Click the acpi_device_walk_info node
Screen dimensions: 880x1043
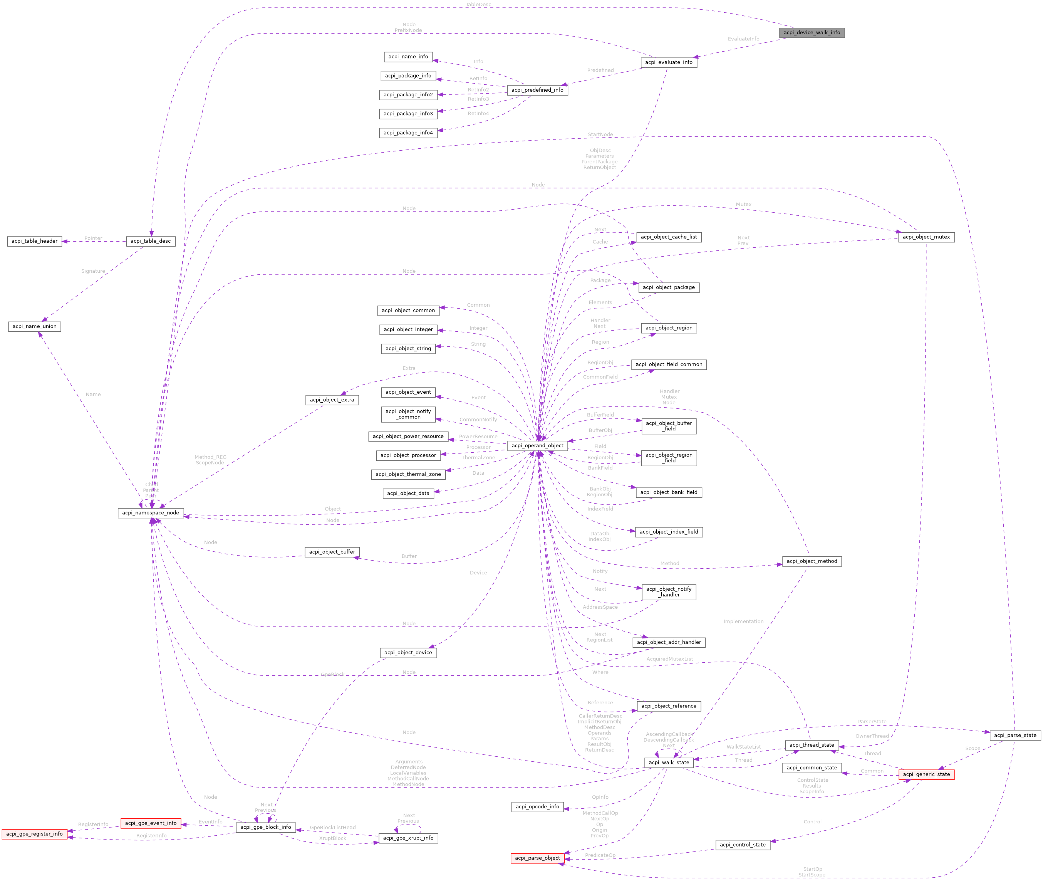812,32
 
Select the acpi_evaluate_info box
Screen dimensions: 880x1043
669,62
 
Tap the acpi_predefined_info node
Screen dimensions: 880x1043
537,90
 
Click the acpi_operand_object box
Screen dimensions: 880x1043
537,445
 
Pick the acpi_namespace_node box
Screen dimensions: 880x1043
151,513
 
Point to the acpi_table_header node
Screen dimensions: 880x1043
34,241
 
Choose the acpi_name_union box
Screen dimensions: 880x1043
34,326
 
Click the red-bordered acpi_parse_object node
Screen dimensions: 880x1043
537,858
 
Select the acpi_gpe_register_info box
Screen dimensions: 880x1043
34,834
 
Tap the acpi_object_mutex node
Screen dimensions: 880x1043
926,237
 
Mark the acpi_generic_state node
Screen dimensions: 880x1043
926,774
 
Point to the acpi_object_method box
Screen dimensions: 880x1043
812,561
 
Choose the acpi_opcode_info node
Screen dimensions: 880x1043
537,807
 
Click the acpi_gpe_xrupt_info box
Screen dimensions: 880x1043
408,838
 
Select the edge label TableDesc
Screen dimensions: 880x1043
478,5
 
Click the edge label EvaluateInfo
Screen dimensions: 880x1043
743,39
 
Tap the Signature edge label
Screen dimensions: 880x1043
93,271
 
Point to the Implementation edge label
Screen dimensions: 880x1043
743,621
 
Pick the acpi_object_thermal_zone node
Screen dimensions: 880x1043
408,474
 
